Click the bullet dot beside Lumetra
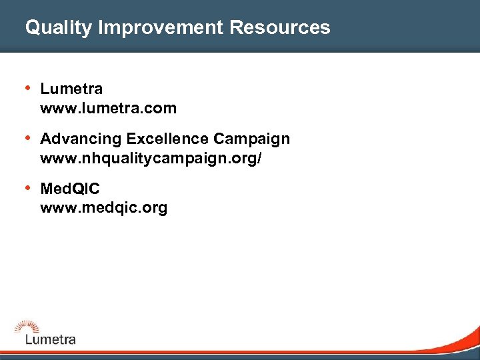pos(27,88)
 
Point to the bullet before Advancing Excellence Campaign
pos(27,139)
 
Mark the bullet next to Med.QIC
pos(27,189)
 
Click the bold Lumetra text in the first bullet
pos(71,89)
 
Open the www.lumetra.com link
pos(108,107)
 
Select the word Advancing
pos(81,139)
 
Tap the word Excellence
pos(167,139)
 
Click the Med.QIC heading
pos(70,189)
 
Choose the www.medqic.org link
pos(103,208)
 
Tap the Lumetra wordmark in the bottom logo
pos(51,339)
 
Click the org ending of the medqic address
pos(154,209)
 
